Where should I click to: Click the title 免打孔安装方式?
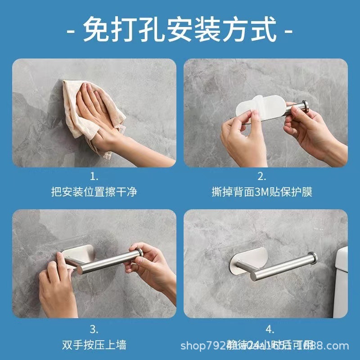click(x=180, y=31)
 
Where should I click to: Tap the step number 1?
click(x=94, y=176)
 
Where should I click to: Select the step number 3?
click(x=94, y=328)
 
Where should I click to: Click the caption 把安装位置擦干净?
click(x=94, y=192)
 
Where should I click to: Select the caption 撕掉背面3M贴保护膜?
click(x=262, y=192)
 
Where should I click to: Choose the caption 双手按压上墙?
click(x=94, y=346)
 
